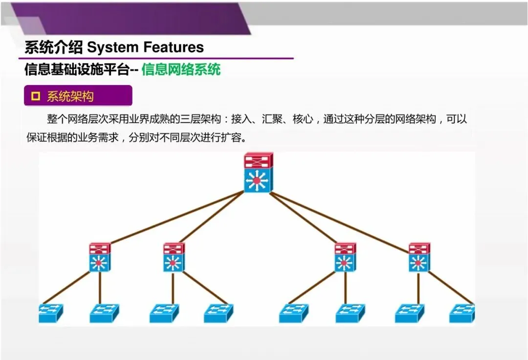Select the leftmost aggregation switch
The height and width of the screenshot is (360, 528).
pos(100,257)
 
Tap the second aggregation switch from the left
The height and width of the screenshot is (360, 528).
pos(174,257)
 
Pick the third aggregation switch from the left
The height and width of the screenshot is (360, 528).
pos(345,257)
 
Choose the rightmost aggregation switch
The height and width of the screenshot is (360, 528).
pos(419,257)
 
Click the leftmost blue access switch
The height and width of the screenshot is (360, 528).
pos(51,313)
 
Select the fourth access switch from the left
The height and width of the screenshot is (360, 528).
pos(219,313)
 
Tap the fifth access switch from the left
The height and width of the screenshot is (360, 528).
pos(294,313)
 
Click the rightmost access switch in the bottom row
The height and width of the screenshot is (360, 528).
pos(462,313)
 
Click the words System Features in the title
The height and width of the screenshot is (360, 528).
pos(145,47)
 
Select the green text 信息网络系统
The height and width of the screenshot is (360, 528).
pos(181,69)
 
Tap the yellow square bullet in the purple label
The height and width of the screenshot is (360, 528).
pos(35,96)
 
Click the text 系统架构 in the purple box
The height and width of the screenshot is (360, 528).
pos(70,96)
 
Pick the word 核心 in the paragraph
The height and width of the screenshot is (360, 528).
pos(303,119)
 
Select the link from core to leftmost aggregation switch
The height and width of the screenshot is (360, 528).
pos(176,217)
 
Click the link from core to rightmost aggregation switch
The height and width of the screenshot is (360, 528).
pos(340,222)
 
